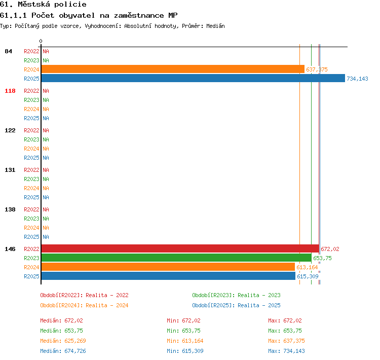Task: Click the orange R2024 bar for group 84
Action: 173,69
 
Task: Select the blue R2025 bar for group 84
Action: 193,78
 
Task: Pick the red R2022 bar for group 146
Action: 180,248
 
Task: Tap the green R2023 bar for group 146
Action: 176,258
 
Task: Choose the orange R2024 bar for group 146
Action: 168,267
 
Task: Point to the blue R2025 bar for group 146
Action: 168,276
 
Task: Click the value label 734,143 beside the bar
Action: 357,79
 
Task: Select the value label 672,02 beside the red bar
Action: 330,249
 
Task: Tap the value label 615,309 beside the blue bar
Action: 308,276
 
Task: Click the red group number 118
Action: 10,91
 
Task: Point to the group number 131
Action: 10,170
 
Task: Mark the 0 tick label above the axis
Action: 41,41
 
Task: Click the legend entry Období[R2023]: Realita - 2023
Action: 236,295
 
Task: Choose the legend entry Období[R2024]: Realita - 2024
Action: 84,305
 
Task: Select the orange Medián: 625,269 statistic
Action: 63,341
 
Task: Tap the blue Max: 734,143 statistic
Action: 286,351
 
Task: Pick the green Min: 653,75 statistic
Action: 183,331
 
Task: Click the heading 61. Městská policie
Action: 43,5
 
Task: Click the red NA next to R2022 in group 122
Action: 46,130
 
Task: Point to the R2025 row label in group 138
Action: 31,237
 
